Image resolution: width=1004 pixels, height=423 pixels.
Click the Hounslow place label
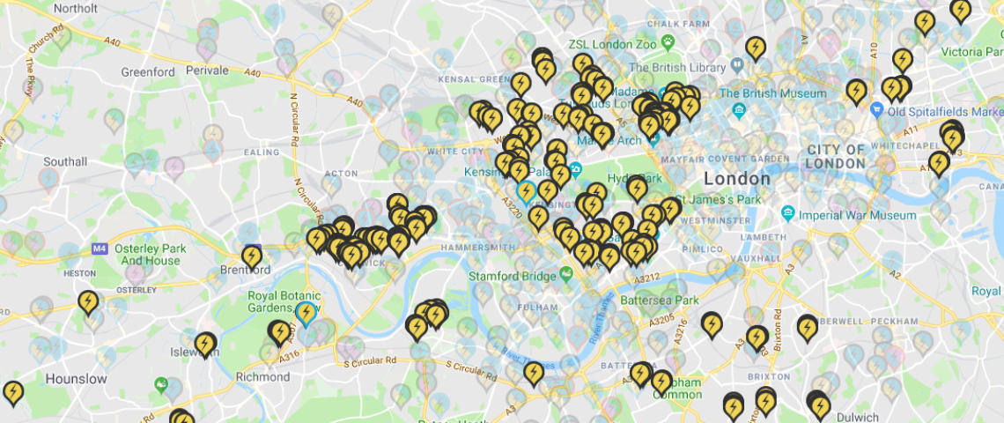coord(76,379)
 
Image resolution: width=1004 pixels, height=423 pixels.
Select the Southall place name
coord(65,162)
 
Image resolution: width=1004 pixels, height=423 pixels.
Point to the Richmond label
coord(262,376)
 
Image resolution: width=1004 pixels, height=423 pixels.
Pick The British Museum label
coord(773,93)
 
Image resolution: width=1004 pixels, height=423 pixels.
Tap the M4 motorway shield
coord(100,249)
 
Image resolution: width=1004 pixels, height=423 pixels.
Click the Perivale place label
coord(207,70)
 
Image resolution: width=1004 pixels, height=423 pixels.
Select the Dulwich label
coord(858,417)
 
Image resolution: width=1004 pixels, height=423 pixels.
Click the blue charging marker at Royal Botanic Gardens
coord(306,312)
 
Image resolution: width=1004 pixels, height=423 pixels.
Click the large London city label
coord(737,179)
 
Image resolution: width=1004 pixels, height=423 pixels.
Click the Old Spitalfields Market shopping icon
coord(875,111)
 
